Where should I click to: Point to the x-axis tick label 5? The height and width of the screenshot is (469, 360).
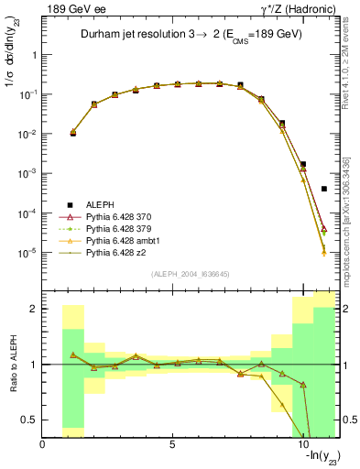click(x=173, y=445)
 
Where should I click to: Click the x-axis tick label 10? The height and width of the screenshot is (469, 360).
click(x=303, y=445)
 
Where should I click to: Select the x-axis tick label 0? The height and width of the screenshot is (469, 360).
click(x=43, y=445)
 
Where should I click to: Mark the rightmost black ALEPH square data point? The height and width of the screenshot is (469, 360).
click(x=324, y=189)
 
